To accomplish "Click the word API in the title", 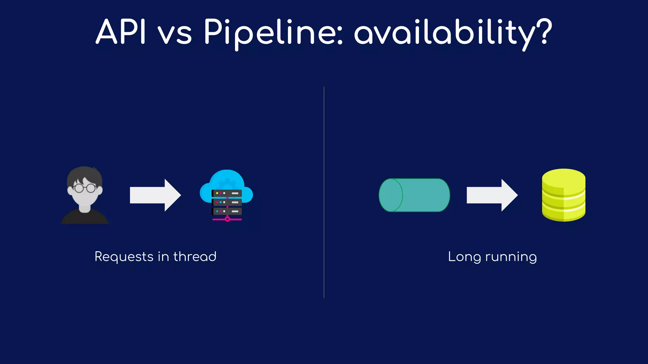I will point(121,32).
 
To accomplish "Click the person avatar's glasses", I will point(85,188).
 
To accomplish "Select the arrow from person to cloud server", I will point(155,195).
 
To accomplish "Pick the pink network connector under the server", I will point(227,219).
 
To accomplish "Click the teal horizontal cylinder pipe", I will point(414,195).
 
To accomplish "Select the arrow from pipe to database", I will point(492,195).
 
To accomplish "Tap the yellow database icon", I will point(564,195).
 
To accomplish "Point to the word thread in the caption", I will point(195,256).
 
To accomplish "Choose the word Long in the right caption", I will point(464,257).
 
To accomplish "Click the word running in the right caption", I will point(511,257).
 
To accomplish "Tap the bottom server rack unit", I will point(227,211).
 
